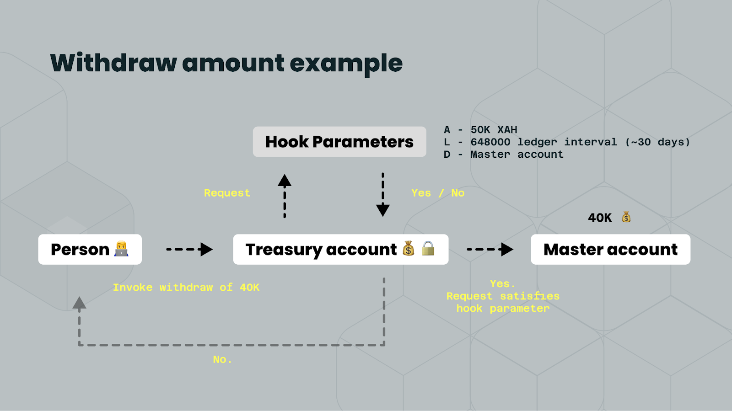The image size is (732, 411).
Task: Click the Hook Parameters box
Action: pos(339,142)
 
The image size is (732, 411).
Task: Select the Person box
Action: pos(90,250)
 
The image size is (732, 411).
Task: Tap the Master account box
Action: pos(610,250)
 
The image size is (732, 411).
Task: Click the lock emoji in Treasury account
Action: pos(428,248)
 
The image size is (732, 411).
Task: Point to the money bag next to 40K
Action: pos(626,217)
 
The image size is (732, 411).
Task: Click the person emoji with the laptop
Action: pos(121,249)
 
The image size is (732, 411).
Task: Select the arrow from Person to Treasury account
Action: pos(189,250)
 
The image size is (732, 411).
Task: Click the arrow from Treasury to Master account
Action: pos(490,250)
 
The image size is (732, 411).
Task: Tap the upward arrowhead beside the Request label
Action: pos(285,181)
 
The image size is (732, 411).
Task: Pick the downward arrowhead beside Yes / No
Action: pos(382,210)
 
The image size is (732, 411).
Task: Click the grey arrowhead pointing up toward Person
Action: pos(80,303)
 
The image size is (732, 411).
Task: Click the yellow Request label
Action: pos(227,193)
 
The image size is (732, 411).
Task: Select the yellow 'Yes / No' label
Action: pos(438,193)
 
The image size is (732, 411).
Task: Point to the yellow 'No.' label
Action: pos(222,359)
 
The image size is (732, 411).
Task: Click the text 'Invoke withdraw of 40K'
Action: pos(186,288)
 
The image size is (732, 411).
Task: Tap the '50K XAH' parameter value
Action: pos(494,130)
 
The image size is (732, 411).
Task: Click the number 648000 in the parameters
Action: pos(490,142)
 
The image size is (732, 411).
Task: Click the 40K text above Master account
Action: pos(600,218)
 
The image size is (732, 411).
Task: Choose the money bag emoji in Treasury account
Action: pos(409,249)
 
